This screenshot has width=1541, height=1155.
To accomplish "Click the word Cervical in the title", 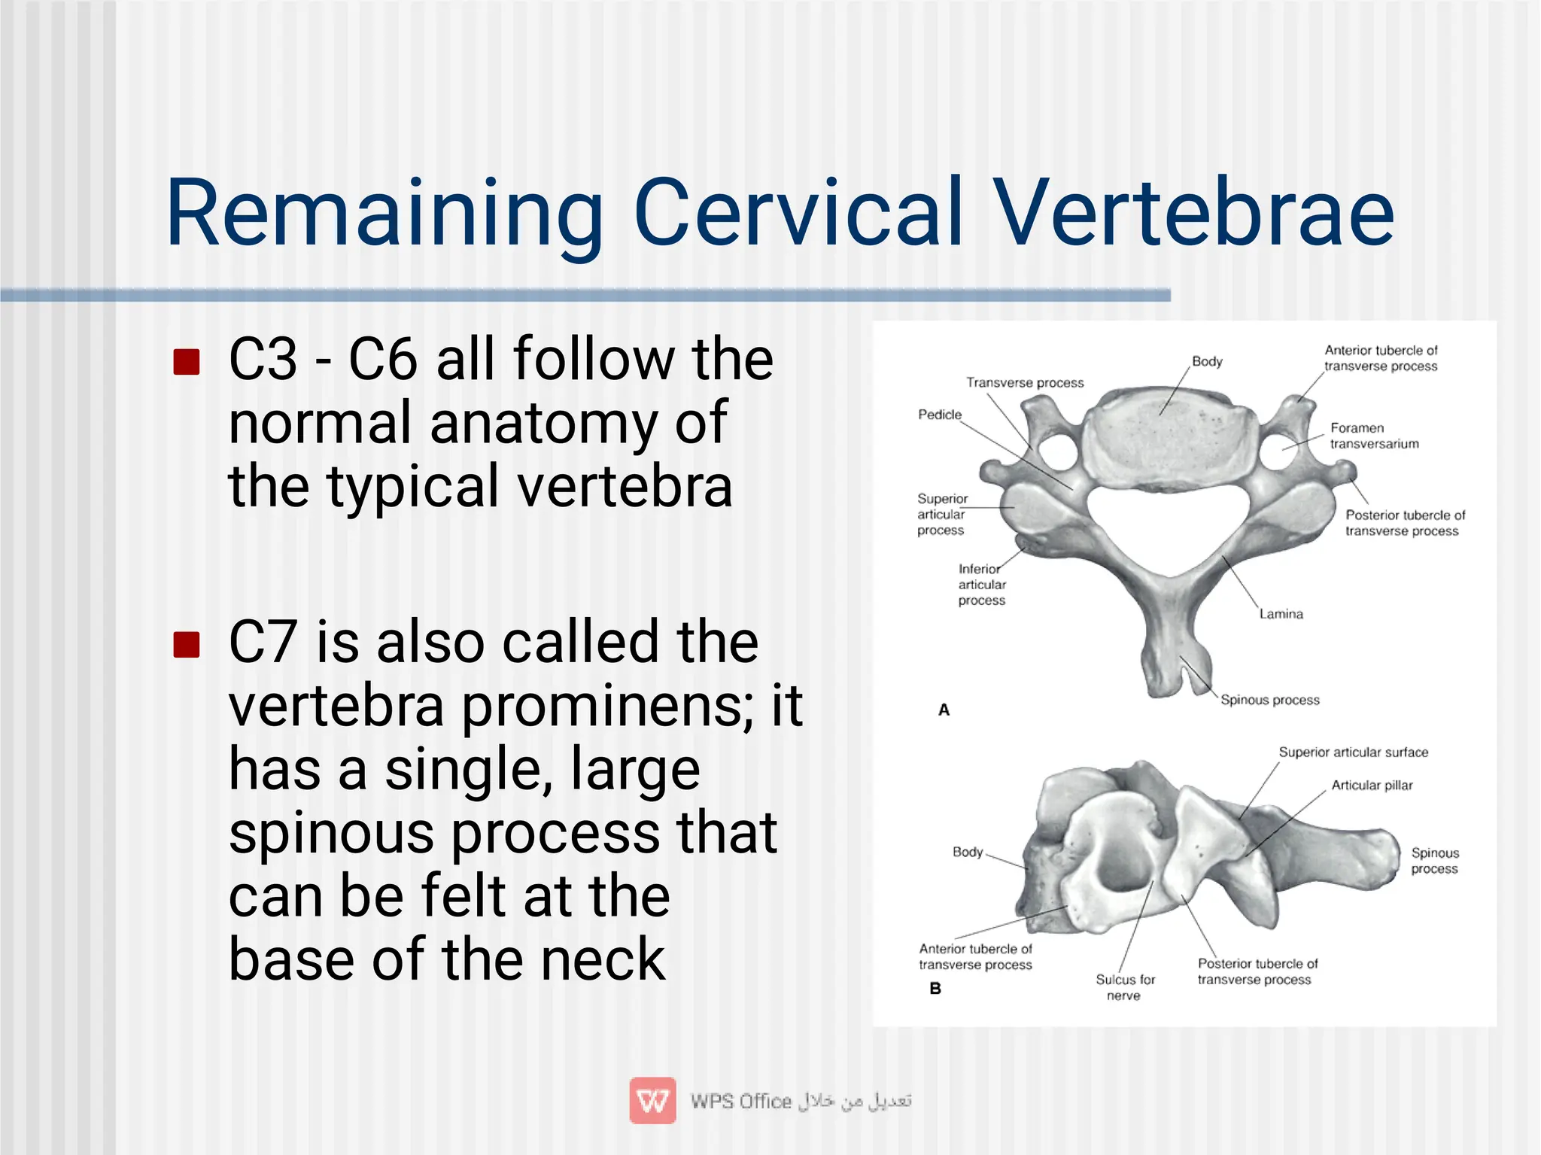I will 798,212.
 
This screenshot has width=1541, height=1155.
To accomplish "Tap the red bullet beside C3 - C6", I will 186,361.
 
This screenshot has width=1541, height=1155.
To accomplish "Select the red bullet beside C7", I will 186,644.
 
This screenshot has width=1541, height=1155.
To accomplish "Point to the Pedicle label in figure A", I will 939,415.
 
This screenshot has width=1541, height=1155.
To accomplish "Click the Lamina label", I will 1281,614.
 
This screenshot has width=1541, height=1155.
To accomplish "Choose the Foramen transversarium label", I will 1374,436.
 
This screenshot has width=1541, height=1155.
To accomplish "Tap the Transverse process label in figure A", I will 1025,382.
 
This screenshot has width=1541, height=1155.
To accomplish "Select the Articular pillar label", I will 1372,786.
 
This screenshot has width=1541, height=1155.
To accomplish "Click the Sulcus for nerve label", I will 1125,987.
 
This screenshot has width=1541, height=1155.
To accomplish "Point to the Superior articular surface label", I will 1353,752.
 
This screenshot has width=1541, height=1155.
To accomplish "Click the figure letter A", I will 944,710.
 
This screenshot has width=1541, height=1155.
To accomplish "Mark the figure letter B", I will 935,988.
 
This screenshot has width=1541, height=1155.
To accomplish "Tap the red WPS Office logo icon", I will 652,1101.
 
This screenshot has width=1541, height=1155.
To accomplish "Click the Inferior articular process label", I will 981,585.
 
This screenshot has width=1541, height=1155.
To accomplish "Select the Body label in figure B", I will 968,852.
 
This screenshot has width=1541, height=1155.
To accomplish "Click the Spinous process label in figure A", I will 1269,700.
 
